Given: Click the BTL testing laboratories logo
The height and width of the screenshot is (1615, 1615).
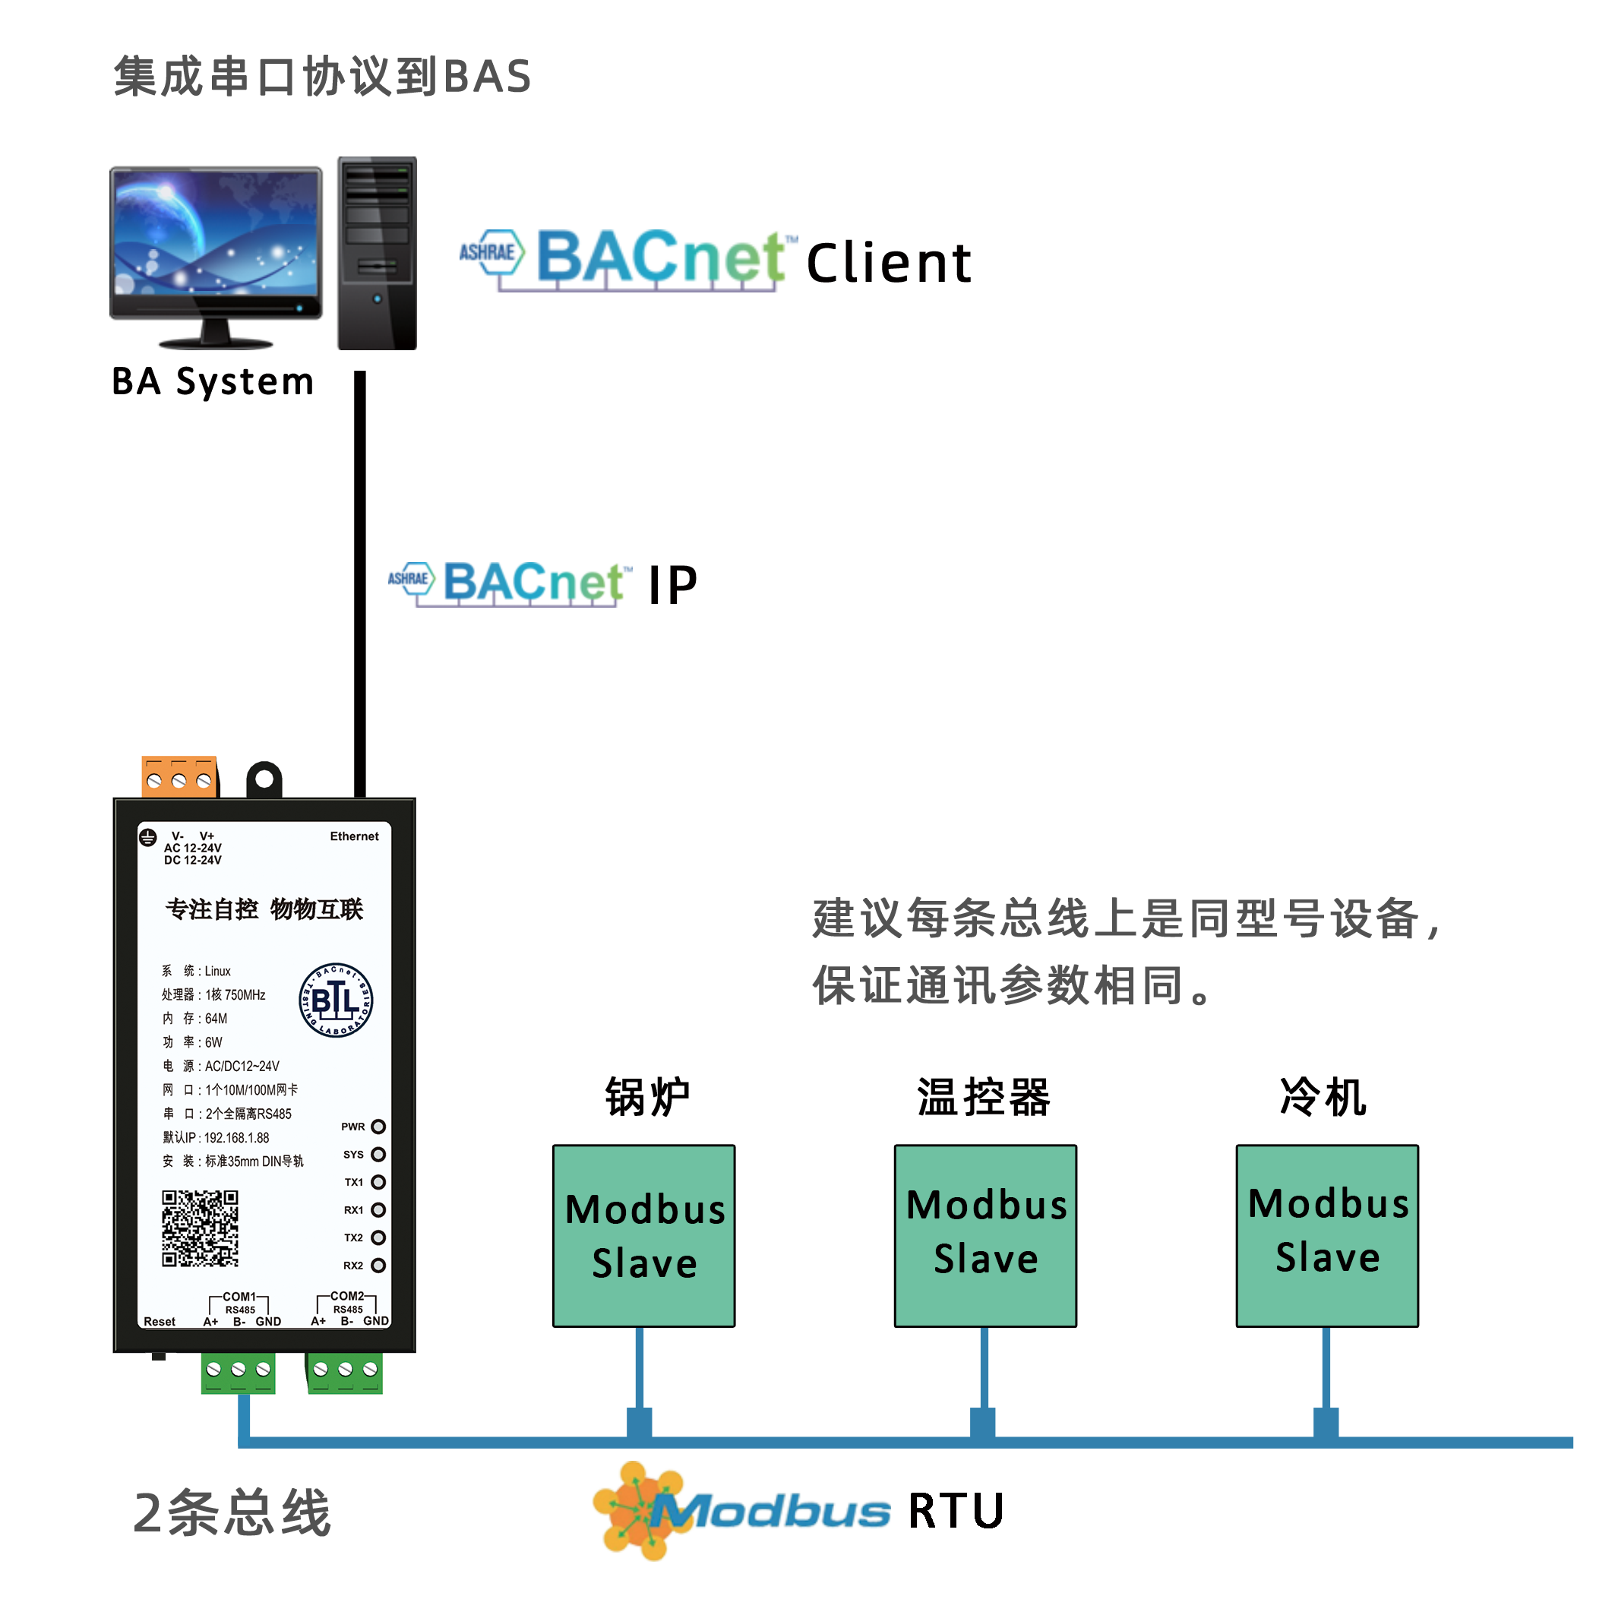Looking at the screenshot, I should (x=336, y=1000).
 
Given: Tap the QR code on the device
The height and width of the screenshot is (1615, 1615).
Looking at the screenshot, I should (x=200, y=1228).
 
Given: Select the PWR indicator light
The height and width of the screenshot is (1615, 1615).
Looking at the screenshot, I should (x=378, y=1127).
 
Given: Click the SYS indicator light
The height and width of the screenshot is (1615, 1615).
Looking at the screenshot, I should (x=378, y=1155).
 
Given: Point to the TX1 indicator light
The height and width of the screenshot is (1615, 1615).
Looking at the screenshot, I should (x=378, y=1182).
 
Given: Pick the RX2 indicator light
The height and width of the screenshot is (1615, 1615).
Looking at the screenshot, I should (x=378, y=1266).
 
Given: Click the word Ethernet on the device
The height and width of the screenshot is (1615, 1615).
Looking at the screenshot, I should (x=355, y=836).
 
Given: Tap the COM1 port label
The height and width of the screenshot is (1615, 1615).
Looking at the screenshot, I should (x=239, y=1297).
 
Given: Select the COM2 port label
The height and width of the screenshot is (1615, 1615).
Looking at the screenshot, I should (x=347, y=1296).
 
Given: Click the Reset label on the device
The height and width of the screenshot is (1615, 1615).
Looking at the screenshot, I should (x=160, y=1322).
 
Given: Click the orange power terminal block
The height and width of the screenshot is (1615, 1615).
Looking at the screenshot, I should (x=179, y=776).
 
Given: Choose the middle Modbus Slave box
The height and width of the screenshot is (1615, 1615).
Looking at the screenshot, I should (x=985, y=1235).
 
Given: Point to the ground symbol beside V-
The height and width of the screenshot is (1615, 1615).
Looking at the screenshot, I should (x=148, y=838).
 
